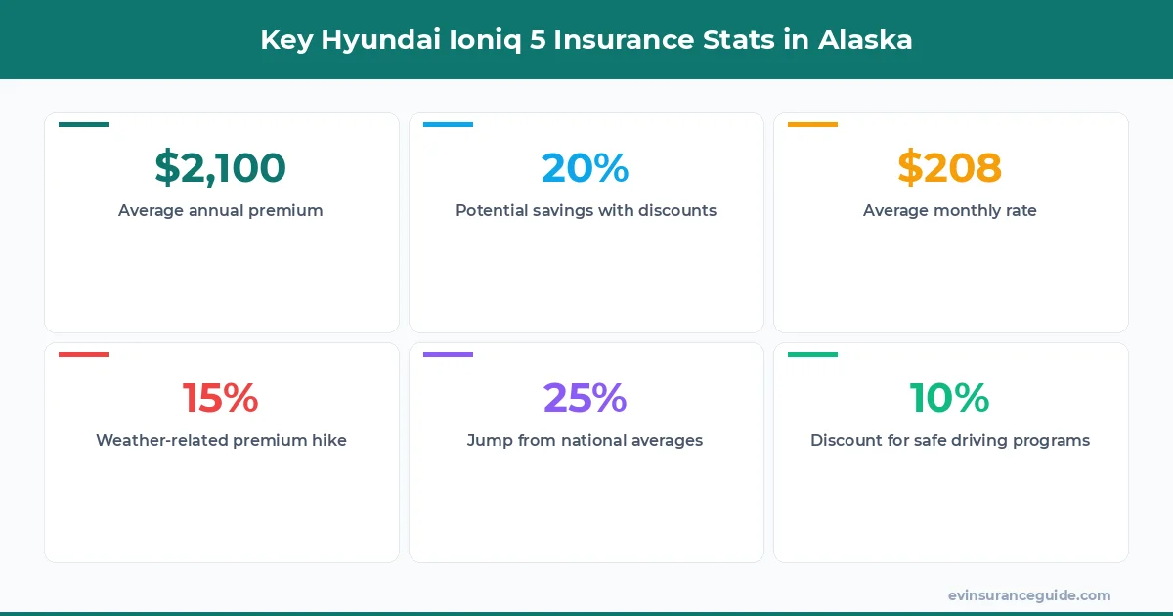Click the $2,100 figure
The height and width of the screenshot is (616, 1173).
[x=220, y=168]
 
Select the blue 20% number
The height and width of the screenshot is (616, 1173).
[x=586, y=168]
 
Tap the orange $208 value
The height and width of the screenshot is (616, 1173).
[x=950, y=168]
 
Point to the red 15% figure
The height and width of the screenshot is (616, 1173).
[x=221, y=398]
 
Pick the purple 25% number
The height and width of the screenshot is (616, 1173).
[x=586, y=398]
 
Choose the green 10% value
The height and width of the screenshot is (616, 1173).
[x=950, y=398]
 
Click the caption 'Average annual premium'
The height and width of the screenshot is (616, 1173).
[x=221, y=210]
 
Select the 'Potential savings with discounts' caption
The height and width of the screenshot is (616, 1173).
[x=586, y=210]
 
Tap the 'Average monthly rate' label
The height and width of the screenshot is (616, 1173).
[x=950, y=210]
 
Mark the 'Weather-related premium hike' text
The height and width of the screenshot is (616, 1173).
[x=221, y=440]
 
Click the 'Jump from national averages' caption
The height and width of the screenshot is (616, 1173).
[x=586, y=440]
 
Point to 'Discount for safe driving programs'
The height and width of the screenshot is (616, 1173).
[x=950, y=440]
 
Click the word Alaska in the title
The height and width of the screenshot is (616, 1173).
[x=864, y=40]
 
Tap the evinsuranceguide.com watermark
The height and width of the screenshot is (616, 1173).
[x=1029, y=595]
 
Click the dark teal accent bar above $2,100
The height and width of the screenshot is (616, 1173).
[x=83, y=125]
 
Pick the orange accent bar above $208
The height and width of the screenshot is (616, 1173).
[x=812, y=125]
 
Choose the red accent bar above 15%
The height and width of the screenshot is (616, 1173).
[x=83, y=355]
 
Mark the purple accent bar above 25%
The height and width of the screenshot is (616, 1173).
[x=448, y=355]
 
